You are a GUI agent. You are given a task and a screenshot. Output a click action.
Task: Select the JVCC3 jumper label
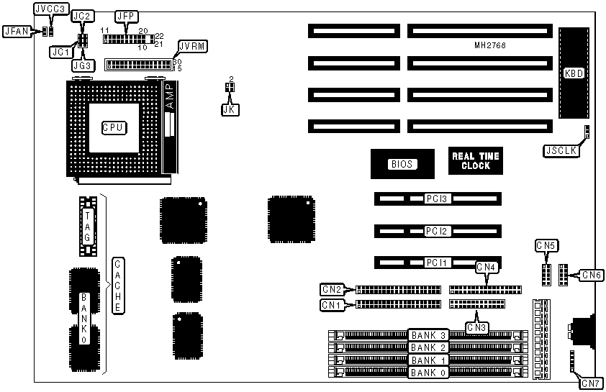pos(50,9)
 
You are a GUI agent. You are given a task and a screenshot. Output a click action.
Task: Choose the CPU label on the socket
pos(114,127)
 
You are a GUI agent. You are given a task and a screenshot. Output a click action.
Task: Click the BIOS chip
pos(402,164)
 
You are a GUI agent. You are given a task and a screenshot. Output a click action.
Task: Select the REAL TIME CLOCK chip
pos(475,161)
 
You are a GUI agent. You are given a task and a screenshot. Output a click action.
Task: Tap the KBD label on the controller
pos(574,73)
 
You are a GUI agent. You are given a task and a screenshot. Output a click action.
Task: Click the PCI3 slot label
pos(436,199)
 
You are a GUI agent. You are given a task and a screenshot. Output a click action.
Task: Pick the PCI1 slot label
pos(436,263)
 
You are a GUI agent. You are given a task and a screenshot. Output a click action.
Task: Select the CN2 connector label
pos(332,289)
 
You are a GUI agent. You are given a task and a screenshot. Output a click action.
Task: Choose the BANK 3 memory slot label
pos(429,335)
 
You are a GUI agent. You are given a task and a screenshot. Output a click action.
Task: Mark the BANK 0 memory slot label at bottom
pos(429,373)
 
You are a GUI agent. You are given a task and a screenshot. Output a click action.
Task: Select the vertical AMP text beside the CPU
pos(170,97)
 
